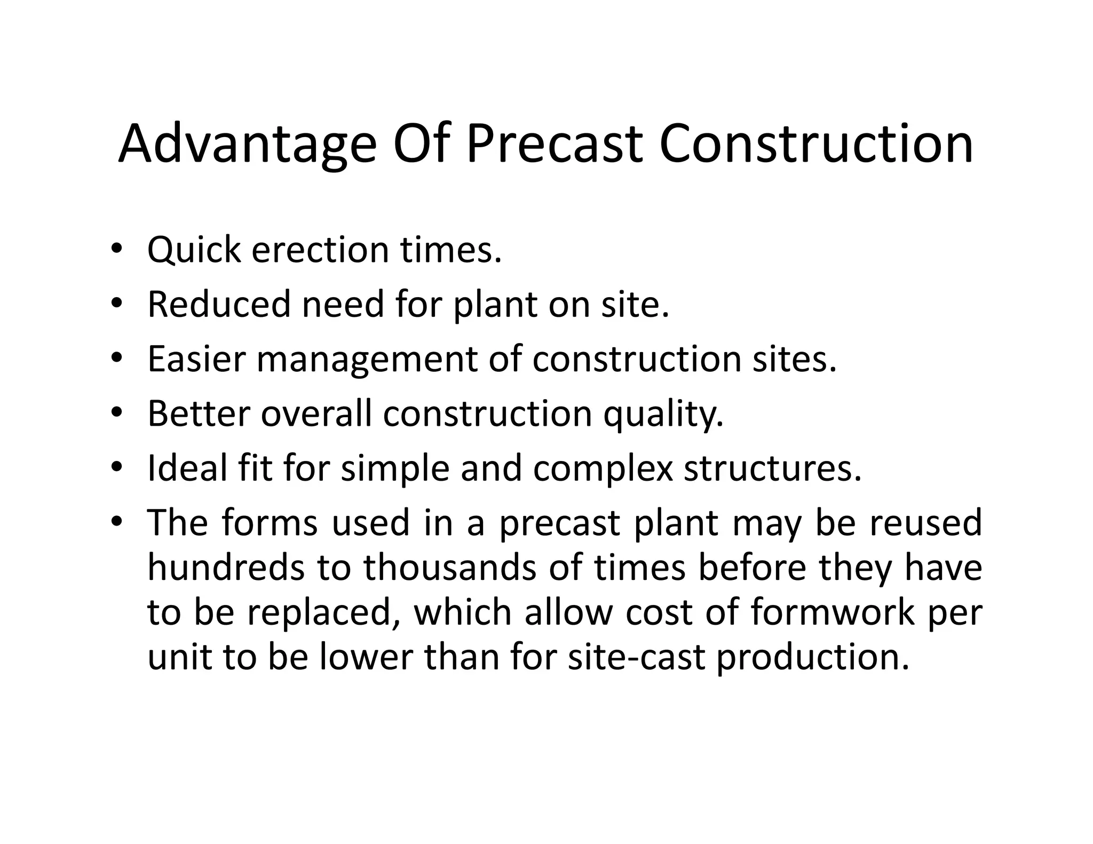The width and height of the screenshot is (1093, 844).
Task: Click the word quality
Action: click(x=663, y=415)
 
